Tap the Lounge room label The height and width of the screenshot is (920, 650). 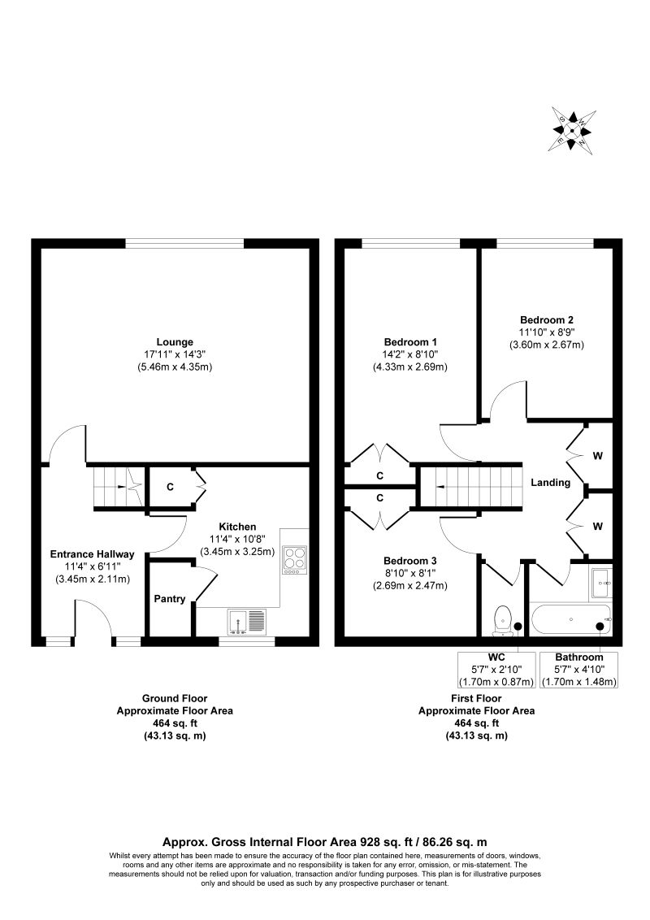click(x=175, y=342)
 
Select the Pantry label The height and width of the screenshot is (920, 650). click(x=170, y=599)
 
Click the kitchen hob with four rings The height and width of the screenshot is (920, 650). click(x=295, y=559)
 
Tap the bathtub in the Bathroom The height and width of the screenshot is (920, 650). click(x=571, y=619)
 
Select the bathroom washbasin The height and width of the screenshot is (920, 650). click(x=601, y=584)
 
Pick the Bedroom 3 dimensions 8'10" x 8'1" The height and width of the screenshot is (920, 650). click(x=410, y=573)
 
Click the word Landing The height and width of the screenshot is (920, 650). click(x=550, y=482)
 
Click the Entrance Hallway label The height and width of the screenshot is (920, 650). click(x=92, y=554)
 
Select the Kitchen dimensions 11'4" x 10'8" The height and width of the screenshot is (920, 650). click(x=237, y=539)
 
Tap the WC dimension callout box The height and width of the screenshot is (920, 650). click(x=496, y=669)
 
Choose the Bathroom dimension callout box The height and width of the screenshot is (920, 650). click(x=579, y=669)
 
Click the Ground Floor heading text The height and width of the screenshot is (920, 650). click(x=175, y=698)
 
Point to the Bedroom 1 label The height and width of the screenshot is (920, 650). click(x=410, y=342)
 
